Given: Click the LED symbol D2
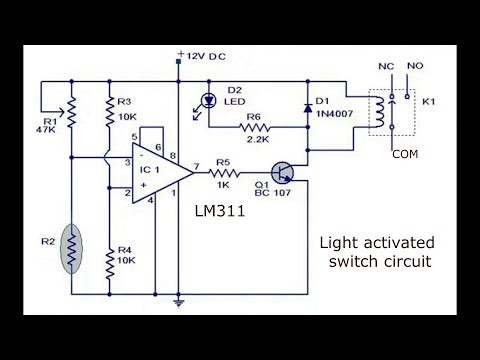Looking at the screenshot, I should coord(209,100).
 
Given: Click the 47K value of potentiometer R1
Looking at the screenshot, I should coord(47,129).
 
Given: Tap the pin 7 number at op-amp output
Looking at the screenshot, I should coord(197,165).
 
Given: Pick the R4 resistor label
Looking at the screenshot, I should coord(125,250).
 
